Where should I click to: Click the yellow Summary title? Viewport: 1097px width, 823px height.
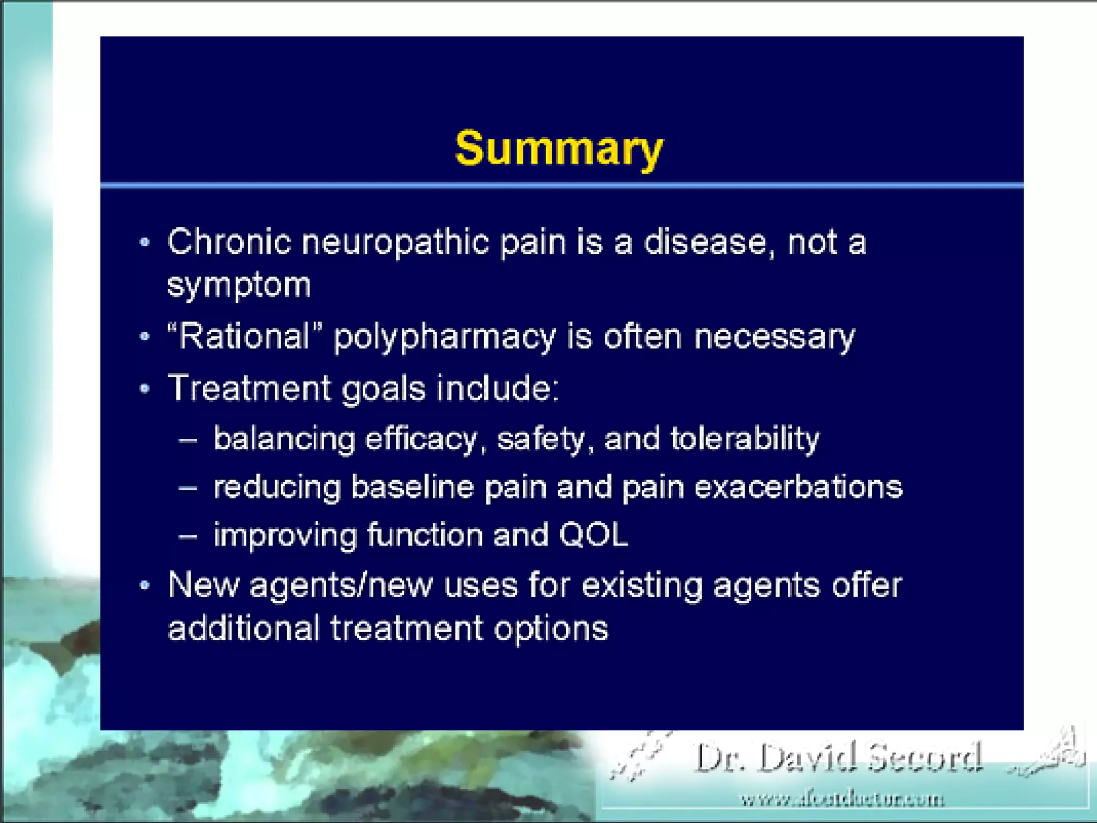click(x=559, y=148)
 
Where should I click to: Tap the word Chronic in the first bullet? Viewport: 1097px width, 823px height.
click(x=229, y=242)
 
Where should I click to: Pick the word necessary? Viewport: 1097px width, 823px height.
click(x=775, y=338)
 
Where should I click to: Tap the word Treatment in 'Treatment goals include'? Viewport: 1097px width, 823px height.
click(x=249, y=388)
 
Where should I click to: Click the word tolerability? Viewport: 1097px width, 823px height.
click(x=745, y=439)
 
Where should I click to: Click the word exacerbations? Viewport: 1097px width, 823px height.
click(x=798, y=488)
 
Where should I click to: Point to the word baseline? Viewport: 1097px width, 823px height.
click(x=412, y=488)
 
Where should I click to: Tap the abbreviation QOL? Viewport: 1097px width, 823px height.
click(x=593, y=535)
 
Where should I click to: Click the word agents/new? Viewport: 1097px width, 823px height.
click(x=341, y=585)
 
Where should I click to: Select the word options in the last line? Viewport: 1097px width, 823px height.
click(x=551, y=629)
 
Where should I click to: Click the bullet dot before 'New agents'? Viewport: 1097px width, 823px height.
click(x=144, y=585)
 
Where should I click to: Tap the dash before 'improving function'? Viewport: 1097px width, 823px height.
click(x=188, y=535)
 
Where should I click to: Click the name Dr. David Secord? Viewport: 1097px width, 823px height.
click(x=838, y=758)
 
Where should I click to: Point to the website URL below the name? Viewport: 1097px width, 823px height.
click(x=842, y=800)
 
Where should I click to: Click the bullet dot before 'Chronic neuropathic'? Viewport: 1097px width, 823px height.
click(x=144, y=243)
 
